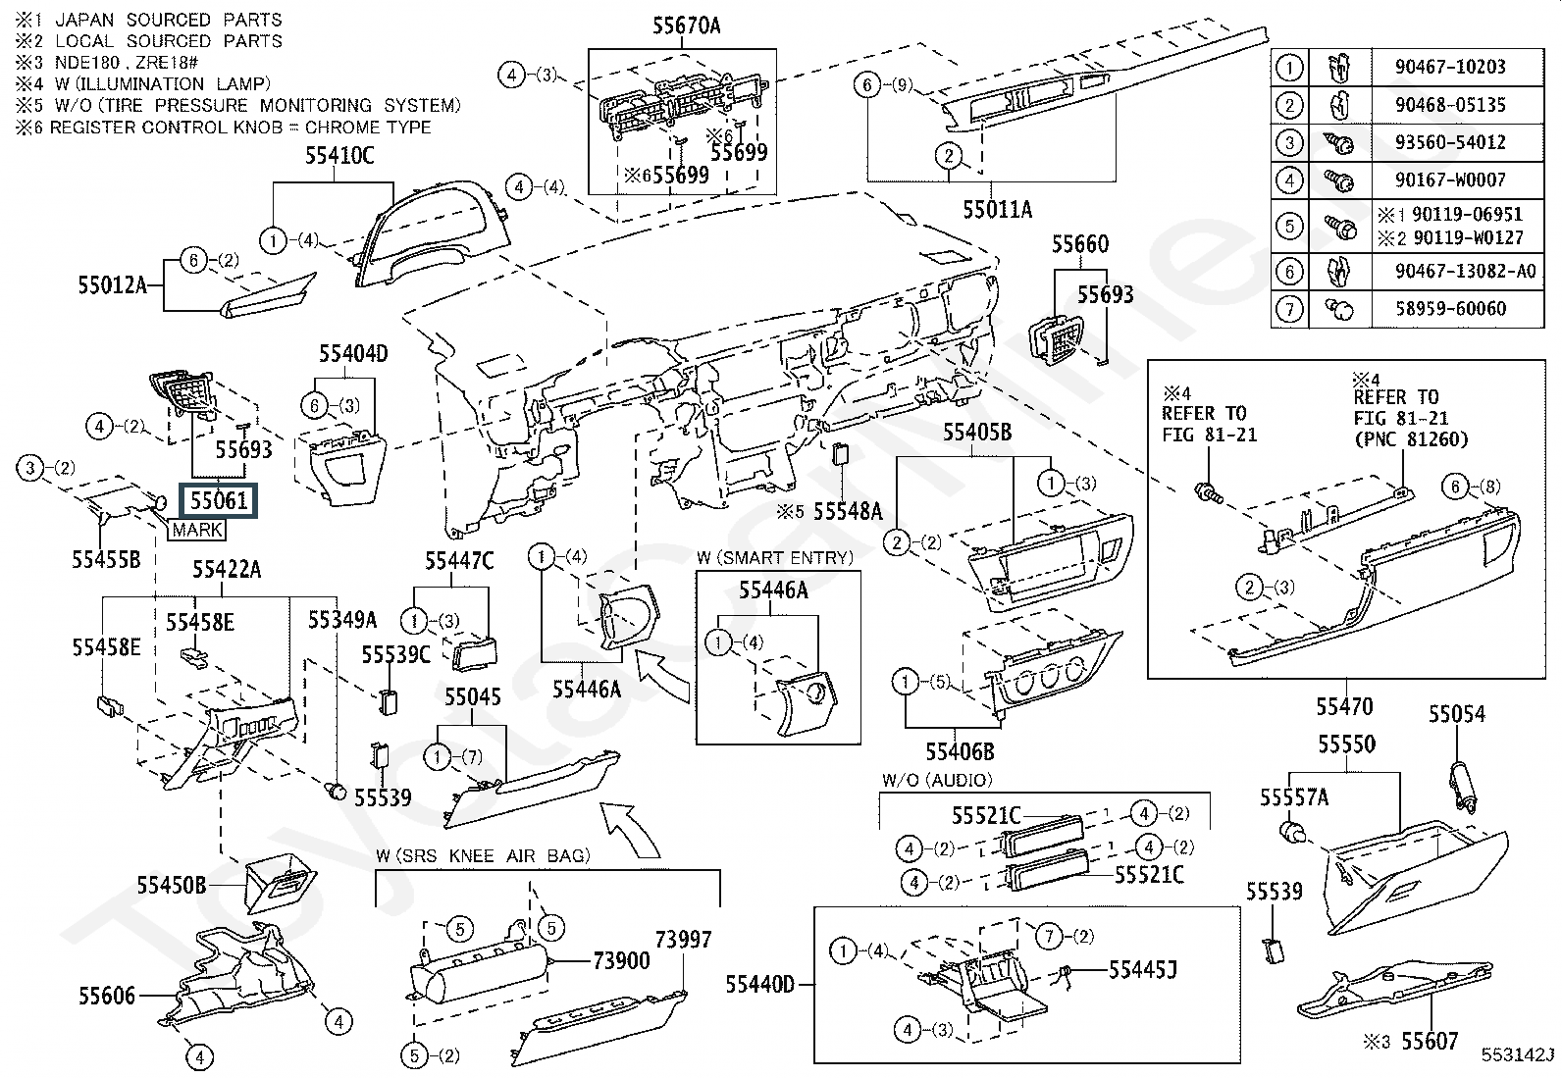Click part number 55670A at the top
[686, 26]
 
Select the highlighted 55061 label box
[218, 500]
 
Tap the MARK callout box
[197, 530]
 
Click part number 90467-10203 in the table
[1450, 67]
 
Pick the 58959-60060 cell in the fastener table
[1450, 308]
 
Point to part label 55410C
[339, 156]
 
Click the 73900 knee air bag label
[621, 961]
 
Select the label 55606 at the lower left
[107, 996]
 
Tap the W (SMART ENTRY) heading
[775, 558]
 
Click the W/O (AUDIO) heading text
[936, 780]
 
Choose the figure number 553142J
[1518, 1054]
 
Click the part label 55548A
[848, 512]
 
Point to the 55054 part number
[1457, 714]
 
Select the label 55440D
[760, 985]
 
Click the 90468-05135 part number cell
[1450, 105]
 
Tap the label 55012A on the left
[112, 285]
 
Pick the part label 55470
[1344, 707]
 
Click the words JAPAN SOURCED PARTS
[169, 20]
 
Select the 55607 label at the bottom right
[1431, 1041]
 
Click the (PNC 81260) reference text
[1411, 439]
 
